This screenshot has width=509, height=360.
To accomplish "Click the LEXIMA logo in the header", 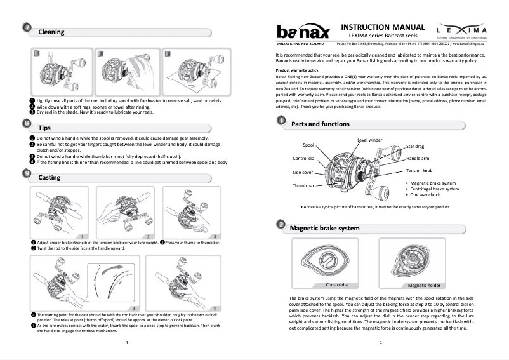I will (x=461, y=31).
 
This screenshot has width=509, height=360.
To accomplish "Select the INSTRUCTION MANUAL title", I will (x=382, y=27).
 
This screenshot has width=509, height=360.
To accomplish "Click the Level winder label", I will (x=369, y=140).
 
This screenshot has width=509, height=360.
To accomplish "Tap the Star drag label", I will (x=416, y=147).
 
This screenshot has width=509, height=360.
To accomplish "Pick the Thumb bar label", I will (x=303, y=185).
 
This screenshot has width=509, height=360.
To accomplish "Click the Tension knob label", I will (x=419, y=170).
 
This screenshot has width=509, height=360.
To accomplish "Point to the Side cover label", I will (x=303, y=172).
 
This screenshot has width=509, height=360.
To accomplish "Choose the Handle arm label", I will (x=419, y=158).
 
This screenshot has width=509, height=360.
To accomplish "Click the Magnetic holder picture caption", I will (x=425, y=285).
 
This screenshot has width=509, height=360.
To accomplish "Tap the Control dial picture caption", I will (x=337, y=284).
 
